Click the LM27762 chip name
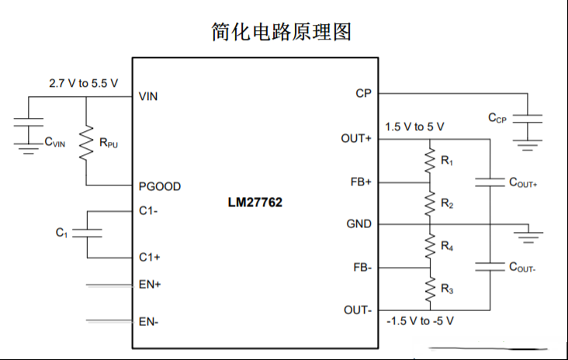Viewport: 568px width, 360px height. click(255, 202)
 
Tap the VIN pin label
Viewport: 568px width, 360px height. click(148, 96)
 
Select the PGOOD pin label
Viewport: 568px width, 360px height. click(160, 186)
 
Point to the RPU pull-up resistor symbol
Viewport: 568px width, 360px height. click(86, 143)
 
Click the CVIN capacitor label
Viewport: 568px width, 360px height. click(54, 142)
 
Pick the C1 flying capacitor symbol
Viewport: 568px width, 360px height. click(88, 233)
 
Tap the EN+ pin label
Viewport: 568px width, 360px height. click(150, 284)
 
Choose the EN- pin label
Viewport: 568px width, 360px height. click(148, 322)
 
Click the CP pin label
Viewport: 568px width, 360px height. click(363, 93)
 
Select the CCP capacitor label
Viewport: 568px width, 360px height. click(497, 118)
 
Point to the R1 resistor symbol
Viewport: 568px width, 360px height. click(430, 160)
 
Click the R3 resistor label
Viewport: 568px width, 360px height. click(447, 289)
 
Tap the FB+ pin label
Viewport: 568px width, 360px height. click(361, 182)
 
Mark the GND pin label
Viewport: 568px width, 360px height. click(359, 223)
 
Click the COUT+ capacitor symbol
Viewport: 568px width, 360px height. click(490, 182)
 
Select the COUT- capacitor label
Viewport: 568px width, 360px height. click(522, 267)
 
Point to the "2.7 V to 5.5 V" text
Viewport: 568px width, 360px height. click(83, 83)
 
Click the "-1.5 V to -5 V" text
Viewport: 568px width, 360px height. click(421, 321)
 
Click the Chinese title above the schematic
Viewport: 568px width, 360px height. click(281, 32)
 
